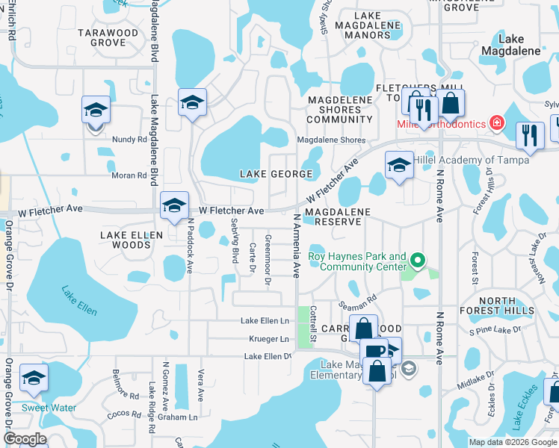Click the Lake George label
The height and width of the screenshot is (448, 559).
(x=275, y=174)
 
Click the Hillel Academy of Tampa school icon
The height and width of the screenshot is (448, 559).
(x=399, y=165)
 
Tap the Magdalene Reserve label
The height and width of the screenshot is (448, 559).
(x=339, y=217)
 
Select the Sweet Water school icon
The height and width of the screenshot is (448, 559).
(x=34, y=379)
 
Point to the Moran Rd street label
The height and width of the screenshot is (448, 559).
(x=129, y=175)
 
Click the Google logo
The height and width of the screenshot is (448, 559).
(x=25, y=439)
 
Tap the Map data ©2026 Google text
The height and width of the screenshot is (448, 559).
(x=512, y=442)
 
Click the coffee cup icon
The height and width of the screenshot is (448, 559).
(x=374, y=351)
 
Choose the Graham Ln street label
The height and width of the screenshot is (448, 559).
(x=182, y=417)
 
